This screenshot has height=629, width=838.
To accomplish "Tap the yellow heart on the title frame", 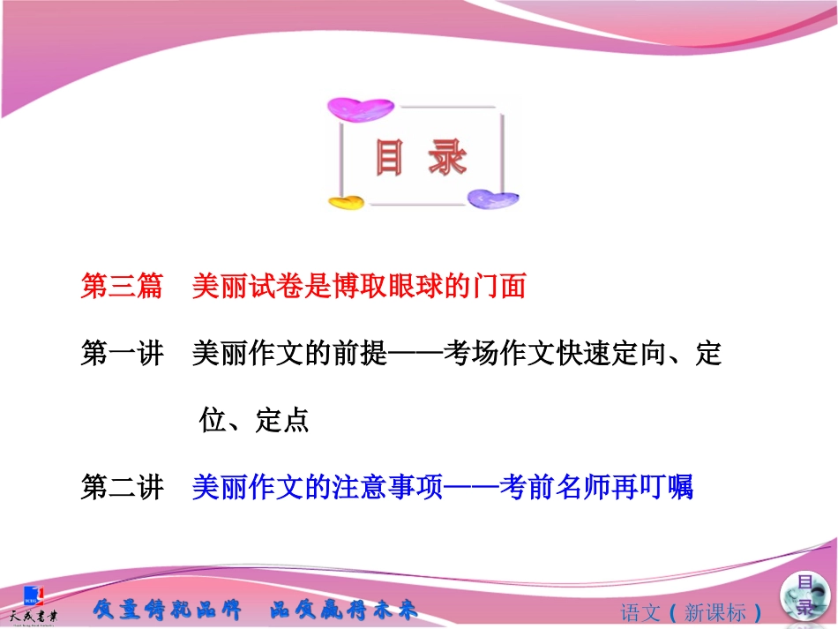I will click(346, 202).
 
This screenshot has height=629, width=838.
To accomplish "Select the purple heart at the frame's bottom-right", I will click(492, 198).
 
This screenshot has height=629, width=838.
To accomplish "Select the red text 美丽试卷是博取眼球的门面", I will click(359, 287).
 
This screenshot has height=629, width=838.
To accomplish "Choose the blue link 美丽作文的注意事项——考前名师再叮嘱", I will click(443, 487).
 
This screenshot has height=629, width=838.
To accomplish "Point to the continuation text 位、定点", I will click(254, 421).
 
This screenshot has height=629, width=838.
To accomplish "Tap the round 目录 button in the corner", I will click(803, 595).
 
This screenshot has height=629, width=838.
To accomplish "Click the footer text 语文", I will click(641, 612).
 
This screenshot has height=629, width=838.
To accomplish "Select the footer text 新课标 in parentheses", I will click(715, 612).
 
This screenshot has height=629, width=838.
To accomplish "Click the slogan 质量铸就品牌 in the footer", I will click(166, 610).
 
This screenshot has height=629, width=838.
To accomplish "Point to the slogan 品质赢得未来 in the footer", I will click(343, 610).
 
